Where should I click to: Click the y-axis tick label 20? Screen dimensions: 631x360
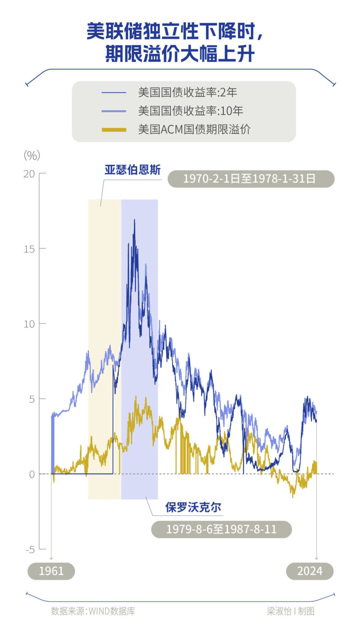[29, 174]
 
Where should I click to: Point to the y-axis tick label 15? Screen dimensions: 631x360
[29, 249]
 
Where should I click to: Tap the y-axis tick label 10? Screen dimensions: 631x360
[29, 324]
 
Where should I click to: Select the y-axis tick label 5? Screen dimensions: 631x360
[32, 399]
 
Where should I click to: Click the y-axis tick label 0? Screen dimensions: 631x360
[32, 474]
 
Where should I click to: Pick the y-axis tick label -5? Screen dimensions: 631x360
[30, 550]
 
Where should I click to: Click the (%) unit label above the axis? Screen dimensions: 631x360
[32, 155]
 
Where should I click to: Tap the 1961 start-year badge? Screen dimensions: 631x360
[51, 571]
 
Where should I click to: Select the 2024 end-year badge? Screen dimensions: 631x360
[309, 571]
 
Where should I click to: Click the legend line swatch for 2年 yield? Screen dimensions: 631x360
[114, 92]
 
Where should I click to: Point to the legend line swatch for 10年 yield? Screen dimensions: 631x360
[114, 111]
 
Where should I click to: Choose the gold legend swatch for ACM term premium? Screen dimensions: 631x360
[114, 130]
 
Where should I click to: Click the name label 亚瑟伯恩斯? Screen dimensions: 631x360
[132, 170]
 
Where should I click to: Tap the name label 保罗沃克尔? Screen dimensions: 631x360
[193, 507]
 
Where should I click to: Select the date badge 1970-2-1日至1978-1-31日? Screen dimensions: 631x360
[250, 179]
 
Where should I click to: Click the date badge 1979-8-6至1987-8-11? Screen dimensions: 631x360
[221, 529]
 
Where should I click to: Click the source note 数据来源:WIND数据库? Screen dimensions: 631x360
[93, 611]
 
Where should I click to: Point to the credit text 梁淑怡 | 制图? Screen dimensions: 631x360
[291, 611]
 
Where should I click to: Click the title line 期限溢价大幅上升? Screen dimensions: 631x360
[180, 54]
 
